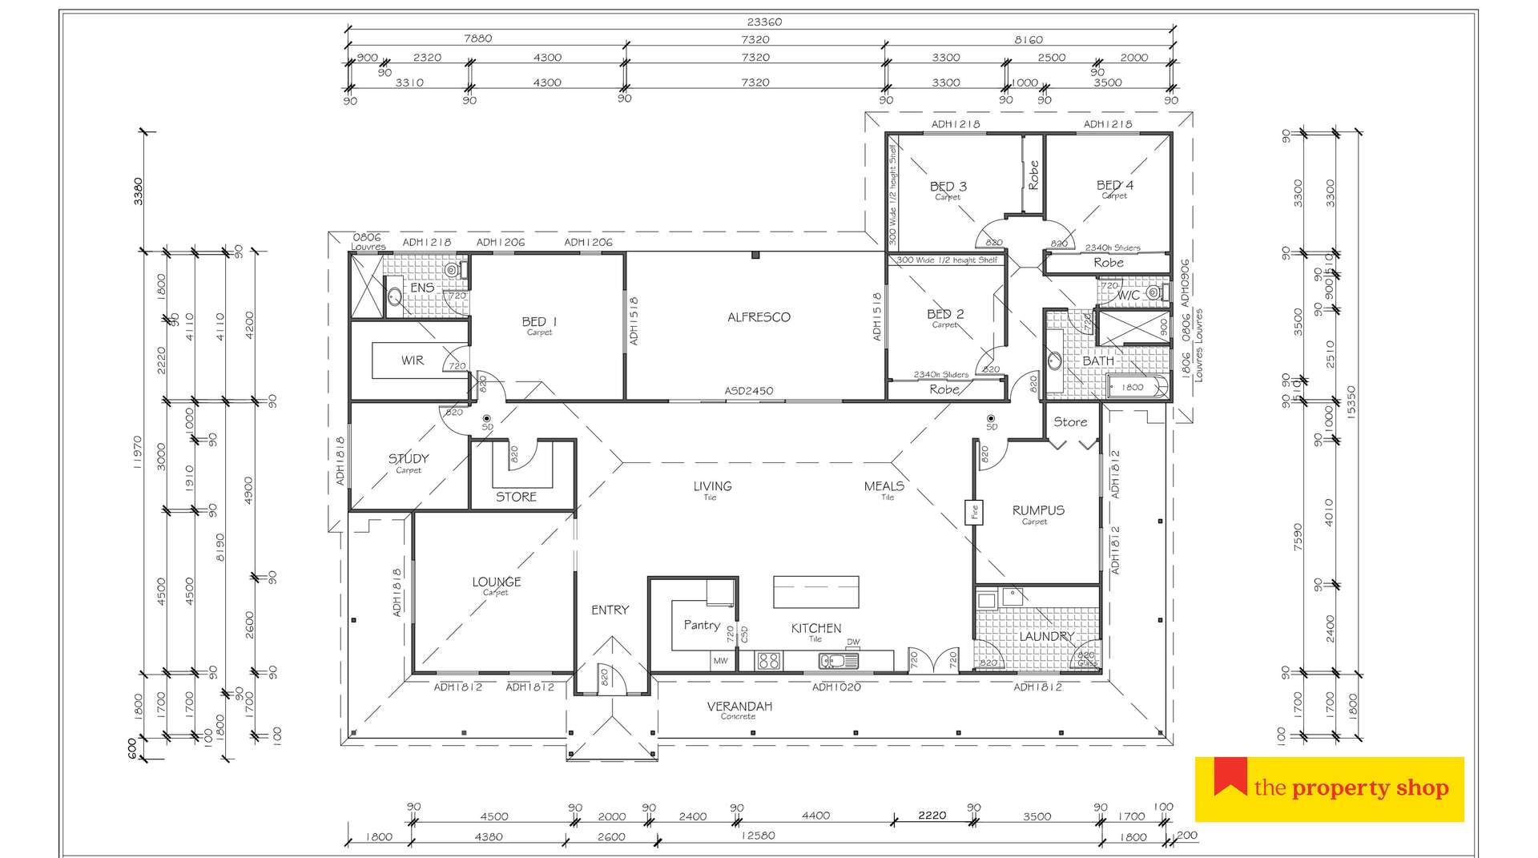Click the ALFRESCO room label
click(x=759, y=317)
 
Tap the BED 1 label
click(x=539, y=321)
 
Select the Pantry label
click(x=702, y=625)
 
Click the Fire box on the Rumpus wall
click(x=975, y=511)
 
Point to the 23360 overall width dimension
click(x=763, y=22)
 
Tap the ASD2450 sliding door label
click(x=749, y=391)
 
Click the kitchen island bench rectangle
click(x=815, y=592)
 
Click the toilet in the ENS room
click(x=453, y=270)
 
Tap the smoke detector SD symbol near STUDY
click(x=486, y=419)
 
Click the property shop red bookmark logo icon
click(x=1230, y=776)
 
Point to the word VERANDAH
click(x=739, y=706)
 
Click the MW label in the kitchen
click(x=720, y=661)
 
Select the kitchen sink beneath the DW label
click(x=838, y=661)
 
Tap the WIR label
click(x=413, y=361)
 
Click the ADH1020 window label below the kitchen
click(x=836, y=687)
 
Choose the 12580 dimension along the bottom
click(x=758, y=836)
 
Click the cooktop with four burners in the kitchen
click(x=769, y=661)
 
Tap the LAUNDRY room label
click(x=1046, y=636)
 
